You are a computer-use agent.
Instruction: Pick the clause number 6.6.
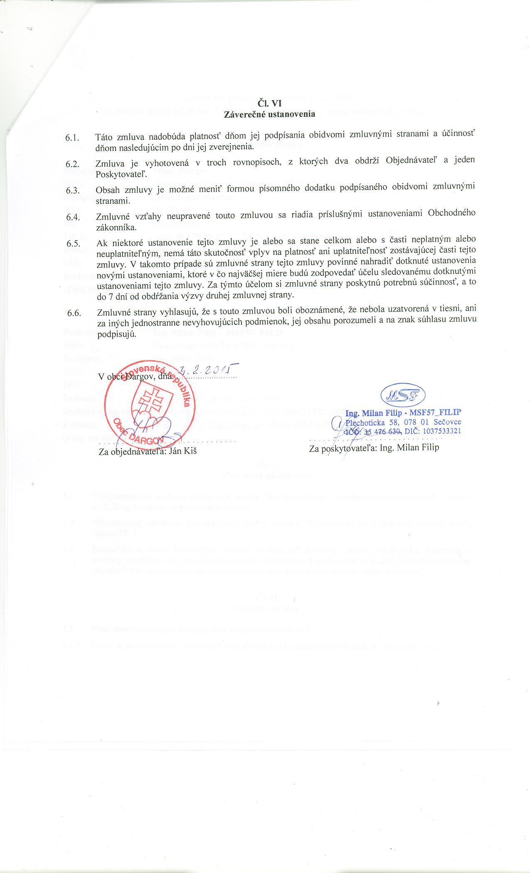(74, 313)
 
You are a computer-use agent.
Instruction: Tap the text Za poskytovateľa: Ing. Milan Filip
(374, 448)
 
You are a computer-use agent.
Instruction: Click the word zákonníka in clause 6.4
(116, 227)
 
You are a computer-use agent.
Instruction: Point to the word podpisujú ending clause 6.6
(116, 335)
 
